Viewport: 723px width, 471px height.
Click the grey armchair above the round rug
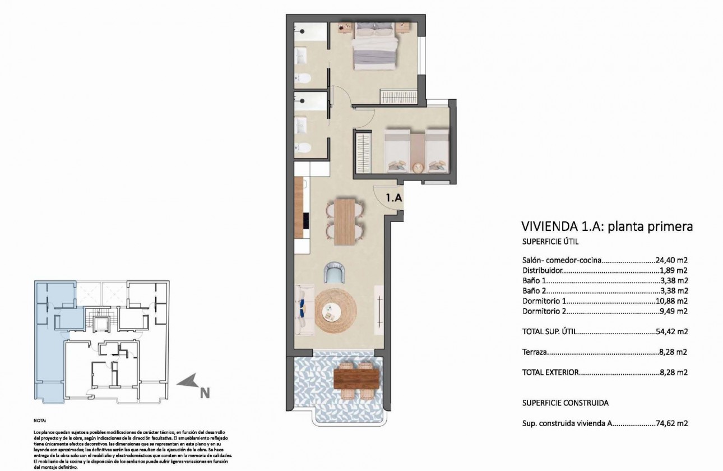[336, 274]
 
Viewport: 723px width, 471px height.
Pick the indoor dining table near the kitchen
[345, 222]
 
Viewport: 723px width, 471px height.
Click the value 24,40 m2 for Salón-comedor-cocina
[671, 260]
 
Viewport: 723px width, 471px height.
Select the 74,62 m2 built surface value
[671, 424]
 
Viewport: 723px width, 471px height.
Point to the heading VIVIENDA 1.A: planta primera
[607, 227]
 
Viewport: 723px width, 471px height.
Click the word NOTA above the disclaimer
[40, 419]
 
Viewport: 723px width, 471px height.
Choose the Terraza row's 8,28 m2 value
[674, 353]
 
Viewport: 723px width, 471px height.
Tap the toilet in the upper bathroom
[302, 77]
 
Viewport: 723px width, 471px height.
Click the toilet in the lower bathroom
[302, 148]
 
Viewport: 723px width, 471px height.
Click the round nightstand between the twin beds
[417, 167]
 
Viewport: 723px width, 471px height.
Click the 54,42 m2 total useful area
[671, 331]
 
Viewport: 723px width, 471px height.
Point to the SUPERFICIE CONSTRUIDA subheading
[565, 403]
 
